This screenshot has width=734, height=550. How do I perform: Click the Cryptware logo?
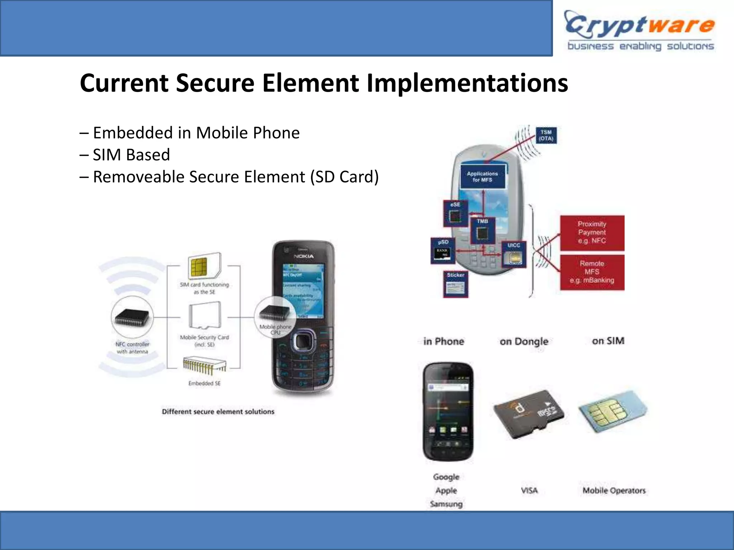[x=640, y=31]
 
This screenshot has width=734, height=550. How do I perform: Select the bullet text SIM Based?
[x=131, y=155]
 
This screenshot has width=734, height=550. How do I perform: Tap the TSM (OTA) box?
[x=546, y=135]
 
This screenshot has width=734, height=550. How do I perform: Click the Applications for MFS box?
[x=482, y=177]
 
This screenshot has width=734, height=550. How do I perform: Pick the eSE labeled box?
[x=455, y=213]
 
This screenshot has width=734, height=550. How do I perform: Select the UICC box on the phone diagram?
[x=514, y=254]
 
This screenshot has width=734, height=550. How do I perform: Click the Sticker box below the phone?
[x=456, y=284]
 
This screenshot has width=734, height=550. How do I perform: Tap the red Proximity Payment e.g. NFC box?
[x=592, y=233]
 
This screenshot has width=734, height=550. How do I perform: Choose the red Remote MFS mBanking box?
[x=592, y=272]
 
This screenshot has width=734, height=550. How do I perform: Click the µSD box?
[x=443, y=251]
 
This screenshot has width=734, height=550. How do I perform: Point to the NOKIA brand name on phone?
[x=304, y=256]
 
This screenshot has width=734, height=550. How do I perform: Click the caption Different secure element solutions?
[x=218, y=412]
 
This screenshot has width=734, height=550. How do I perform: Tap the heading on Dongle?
[x=524, y=342]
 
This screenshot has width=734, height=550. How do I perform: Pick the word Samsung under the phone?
[x=446, y=504]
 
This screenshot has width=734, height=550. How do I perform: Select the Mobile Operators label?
[x=614, y=491]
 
